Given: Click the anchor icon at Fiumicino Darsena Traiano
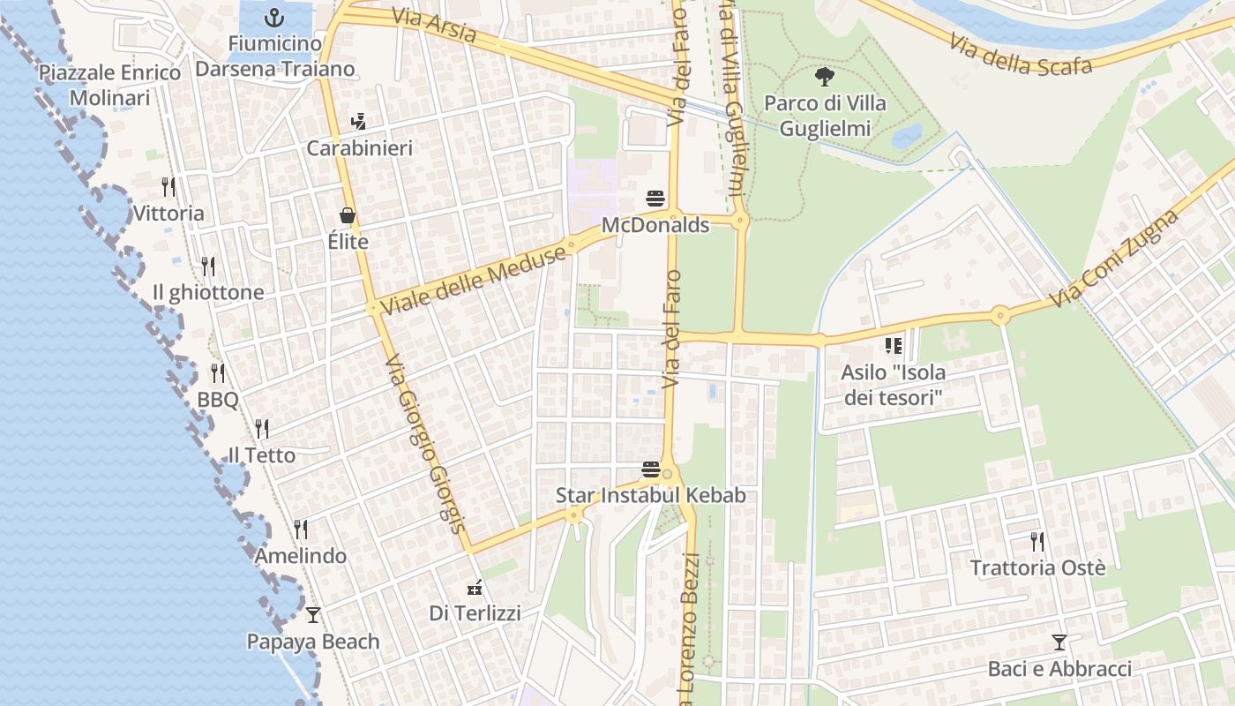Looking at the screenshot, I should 274,17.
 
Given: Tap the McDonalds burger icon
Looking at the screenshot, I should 655,199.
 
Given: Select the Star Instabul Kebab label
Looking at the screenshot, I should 650,495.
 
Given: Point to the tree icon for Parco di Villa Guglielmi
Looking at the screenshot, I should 825,77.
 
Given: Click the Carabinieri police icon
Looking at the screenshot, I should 358,121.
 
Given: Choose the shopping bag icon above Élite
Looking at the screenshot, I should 348,215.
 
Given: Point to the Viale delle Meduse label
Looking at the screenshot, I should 474,278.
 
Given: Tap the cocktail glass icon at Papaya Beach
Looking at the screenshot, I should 312,614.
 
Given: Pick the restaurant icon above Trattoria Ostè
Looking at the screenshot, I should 1037,541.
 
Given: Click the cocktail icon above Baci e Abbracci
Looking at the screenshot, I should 1059,642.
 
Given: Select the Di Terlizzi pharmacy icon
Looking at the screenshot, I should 475,587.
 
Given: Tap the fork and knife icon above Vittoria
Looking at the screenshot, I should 168,186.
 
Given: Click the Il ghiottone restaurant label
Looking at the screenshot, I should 208,292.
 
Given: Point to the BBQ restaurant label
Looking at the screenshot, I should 217,400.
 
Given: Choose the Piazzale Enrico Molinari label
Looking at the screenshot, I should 110,85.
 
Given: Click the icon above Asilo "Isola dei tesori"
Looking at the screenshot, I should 893,346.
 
